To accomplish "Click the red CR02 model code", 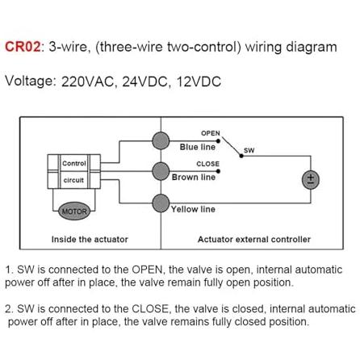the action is [23, 47].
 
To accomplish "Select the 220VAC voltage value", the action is [88, 82].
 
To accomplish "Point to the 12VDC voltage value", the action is [199, 82].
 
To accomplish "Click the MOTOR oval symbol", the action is [74, 211].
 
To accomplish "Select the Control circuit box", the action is [74, 171].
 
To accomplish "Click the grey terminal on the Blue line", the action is [161, 140].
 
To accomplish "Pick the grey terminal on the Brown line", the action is [161, 171].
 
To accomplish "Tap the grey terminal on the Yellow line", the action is [161, 203].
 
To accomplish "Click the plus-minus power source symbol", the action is [311, 180].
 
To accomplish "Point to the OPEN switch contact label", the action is [211, 133].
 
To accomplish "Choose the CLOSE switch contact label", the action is [207, 164].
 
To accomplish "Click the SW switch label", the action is [249, 150].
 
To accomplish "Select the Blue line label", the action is [198, 147].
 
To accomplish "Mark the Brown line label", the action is [194, 177].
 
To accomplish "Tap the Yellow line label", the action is [193, 209].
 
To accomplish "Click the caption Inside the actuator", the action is [90, 239].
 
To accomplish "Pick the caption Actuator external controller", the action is [254, 239].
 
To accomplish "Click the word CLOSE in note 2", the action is [151, 308].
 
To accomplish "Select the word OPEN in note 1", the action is [149, 270].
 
